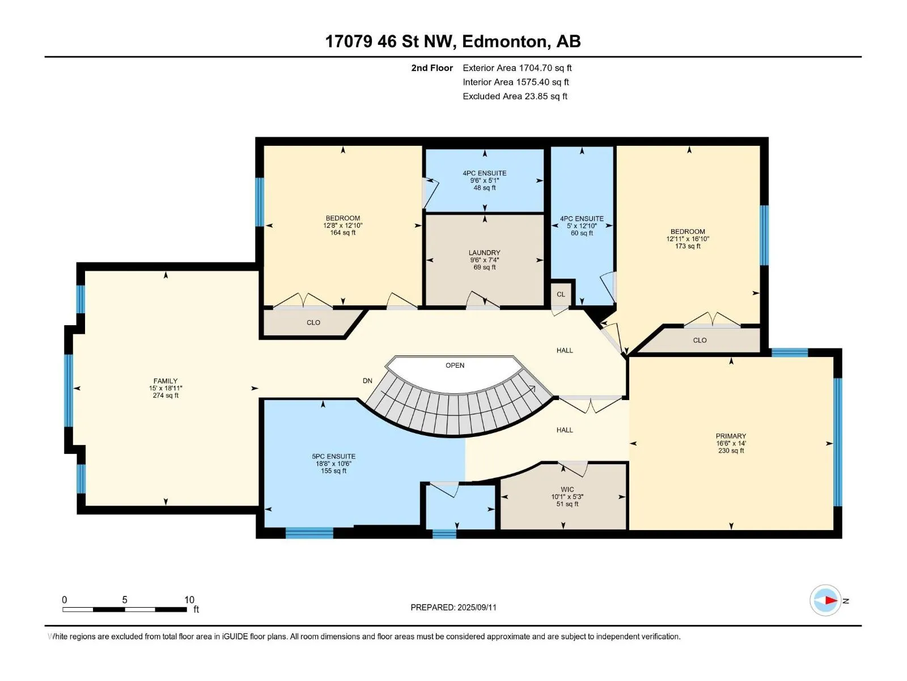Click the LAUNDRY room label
[484, 253]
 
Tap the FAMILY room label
[166, 381]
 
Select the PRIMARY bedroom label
[731, 436]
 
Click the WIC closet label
[567, 490]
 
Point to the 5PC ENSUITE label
[333, 456]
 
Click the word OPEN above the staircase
[455, 365]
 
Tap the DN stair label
[367, 381]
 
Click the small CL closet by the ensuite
[561, 295]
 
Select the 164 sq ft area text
[342, 233]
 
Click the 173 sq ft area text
[688, 246]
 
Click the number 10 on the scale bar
[189, 600]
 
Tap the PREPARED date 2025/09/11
[476, 607]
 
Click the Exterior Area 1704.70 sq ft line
[517, 68]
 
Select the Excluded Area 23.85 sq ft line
[515, 96]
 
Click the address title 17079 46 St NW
[389, 41]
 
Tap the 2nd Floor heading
[432, 68]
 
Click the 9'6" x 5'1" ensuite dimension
[484, 180]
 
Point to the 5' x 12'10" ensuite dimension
[582, 226]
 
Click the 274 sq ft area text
[166, 396]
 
